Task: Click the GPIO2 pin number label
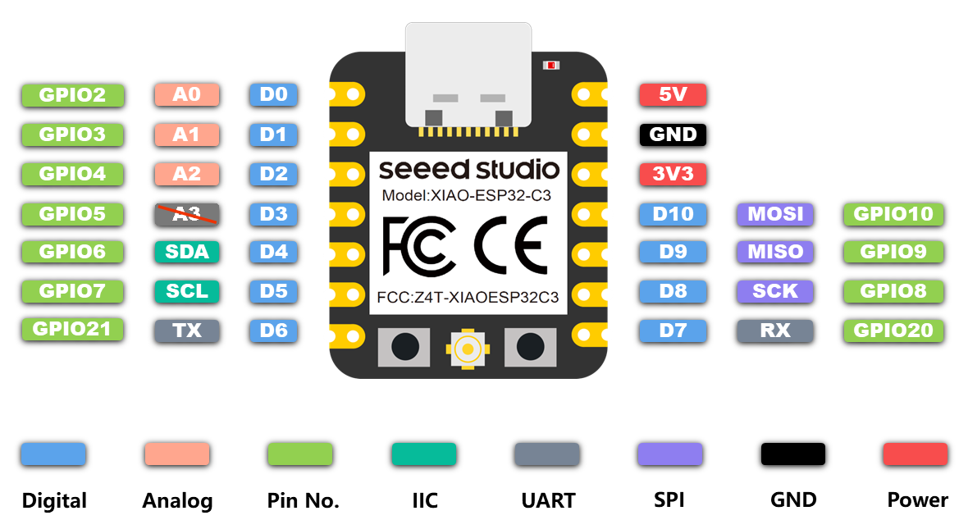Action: [x=72, y=95]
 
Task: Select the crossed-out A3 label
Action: [x=187, y=214]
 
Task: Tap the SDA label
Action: [x=187, y=252]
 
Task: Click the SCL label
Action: [x=187, y=290]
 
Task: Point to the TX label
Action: [x=187, y=331]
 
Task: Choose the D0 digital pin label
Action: [x=273, y=95]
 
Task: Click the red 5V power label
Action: [x=673, y=95]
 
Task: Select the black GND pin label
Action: [x=673, y=135]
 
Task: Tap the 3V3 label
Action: [x=673, y=174]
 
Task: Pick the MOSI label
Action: [x=775, y=214]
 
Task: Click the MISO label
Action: [x=775, y=252]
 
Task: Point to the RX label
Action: [x=775, y=331]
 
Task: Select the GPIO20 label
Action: [x=893, y=331]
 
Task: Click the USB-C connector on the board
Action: [x=468, y=74]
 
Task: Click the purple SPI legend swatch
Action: [x=669, y=454]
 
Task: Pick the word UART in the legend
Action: [x=548, y=500]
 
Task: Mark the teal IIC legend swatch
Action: [x=423, y=454]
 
